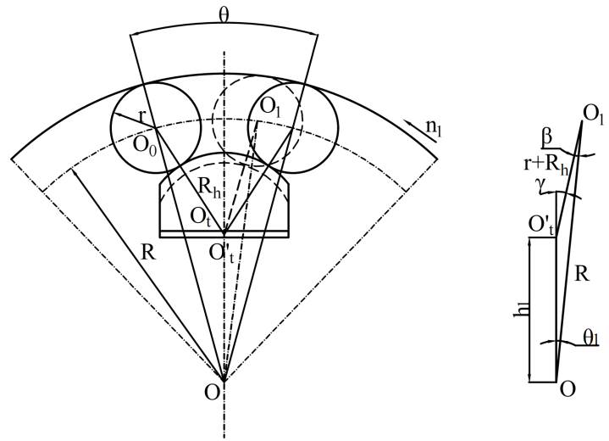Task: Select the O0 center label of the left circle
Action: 141,143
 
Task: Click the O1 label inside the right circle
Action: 271,107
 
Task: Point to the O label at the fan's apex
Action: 213,392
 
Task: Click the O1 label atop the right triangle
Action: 591,113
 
